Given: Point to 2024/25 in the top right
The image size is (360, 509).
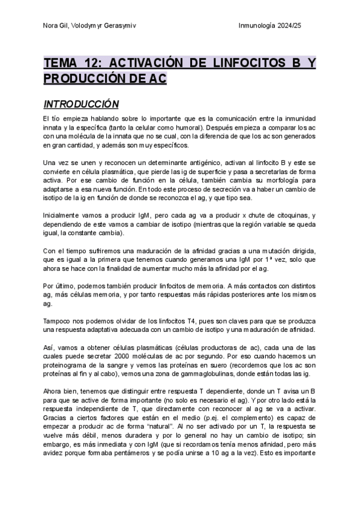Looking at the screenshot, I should (302, 25).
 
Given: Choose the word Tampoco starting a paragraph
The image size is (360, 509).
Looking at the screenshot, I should (59, 321).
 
